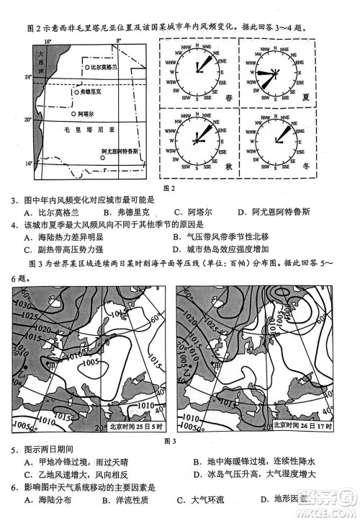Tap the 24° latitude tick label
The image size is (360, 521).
[27, 77]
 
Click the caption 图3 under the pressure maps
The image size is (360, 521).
[170, 440]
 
